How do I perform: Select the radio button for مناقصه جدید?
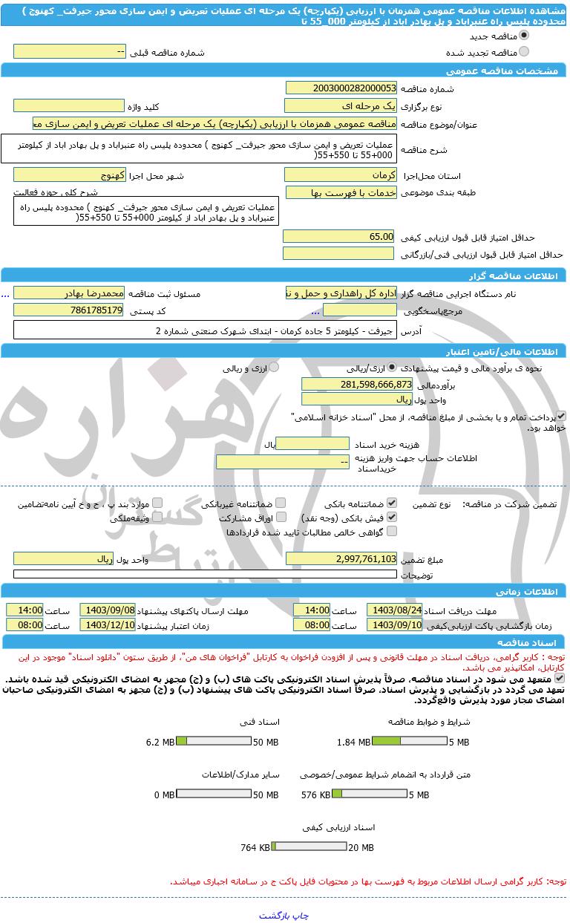[x=524, y=36]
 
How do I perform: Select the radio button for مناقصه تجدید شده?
[x=524, y=52]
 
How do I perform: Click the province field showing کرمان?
[x=341, y=175]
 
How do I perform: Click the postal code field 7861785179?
[x=69, y=310]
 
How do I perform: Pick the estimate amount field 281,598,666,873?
[x=357, y=384]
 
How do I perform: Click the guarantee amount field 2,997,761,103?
[x=341, y=558]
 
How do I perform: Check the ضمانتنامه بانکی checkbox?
[x=392, y=503]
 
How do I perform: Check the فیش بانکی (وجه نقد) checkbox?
[x=392, y=517]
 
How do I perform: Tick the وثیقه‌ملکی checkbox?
[x=157, y=517]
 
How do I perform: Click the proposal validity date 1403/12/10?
[x=108, y=625]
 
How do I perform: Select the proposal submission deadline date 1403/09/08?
[x=108, y=610]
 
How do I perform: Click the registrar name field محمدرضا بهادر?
[x=69, y=293]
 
